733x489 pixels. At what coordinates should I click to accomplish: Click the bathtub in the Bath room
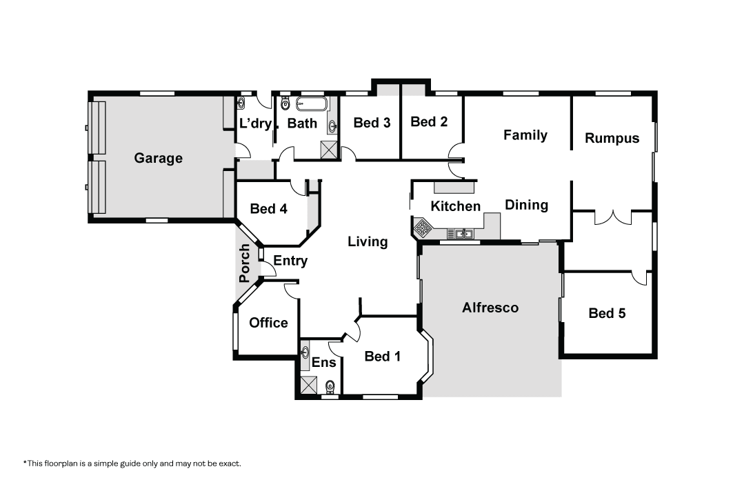point(312,103)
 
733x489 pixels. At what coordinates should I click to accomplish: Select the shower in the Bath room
point(329,150)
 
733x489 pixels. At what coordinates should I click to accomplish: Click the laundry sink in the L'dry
point(241,103)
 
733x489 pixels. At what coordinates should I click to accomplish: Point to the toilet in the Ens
point(330,386)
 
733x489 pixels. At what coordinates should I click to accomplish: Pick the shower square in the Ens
point(308,385)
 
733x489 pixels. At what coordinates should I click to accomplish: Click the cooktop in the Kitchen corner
point(423,228)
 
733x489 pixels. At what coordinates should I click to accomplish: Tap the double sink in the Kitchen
point(461,233)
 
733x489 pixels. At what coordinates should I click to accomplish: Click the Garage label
point(158,158)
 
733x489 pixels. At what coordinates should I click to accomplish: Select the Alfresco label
point(490,308)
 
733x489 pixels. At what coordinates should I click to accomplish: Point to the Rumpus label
point(612,139)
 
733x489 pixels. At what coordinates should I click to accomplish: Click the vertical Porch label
point(245,263)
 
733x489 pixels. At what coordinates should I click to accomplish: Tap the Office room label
point(268,323)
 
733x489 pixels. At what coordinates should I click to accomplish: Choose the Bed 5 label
point(607,313)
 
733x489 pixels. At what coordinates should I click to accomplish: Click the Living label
point(368,241)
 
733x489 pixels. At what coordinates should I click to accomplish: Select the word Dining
point(526,206)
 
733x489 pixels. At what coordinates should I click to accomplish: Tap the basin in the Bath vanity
point(332,126)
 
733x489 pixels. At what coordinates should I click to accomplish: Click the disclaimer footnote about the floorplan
point(132,463)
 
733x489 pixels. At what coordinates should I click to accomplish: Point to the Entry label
point(290,261)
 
